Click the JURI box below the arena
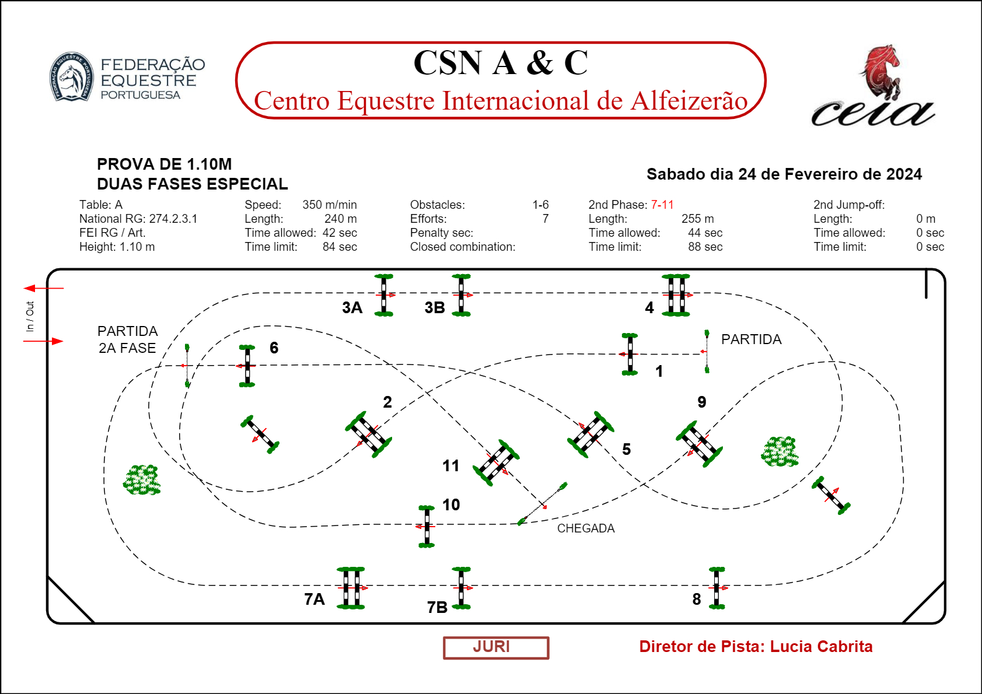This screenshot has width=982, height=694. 495,647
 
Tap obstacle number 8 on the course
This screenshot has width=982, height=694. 717,588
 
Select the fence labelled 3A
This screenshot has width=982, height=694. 383,295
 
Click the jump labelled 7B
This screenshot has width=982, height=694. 461,588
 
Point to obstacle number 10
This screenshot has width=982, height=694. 427,526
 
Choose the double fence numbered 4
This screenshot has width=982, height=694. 676,295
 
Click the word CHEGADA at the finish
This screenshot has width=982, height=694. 586,528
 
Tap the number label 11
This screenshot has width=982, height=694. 450,465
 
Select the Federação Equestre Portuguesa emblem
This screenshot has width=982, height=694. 71,76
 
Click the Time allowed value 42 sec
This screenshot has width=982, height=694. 340,233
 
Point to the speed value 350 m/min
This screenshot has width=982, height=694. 329,205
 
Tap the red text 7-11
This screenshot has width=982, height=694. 662,205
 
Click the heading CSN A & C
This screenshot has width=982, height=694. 500,63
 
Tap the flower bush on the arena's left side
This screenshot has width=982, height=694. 142,480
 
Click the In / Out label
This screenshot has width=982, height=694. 30,316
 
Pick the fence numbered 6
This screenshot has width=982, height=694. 247,366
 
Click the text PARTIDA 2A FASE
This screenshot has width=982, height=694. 127,339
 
